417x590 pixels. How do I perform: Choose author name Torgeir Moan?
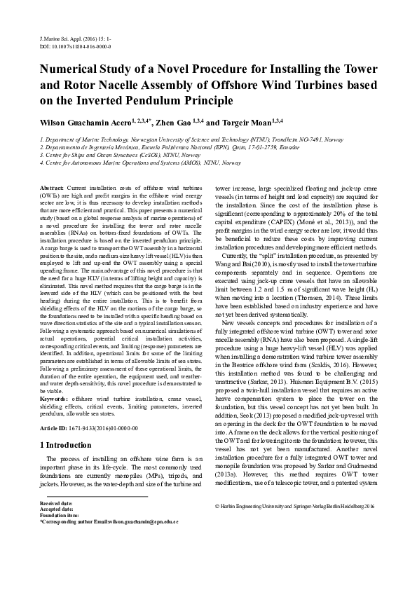[x=246, y=122]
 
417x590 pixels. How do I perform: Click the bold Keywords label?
[x=56, y=398]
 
